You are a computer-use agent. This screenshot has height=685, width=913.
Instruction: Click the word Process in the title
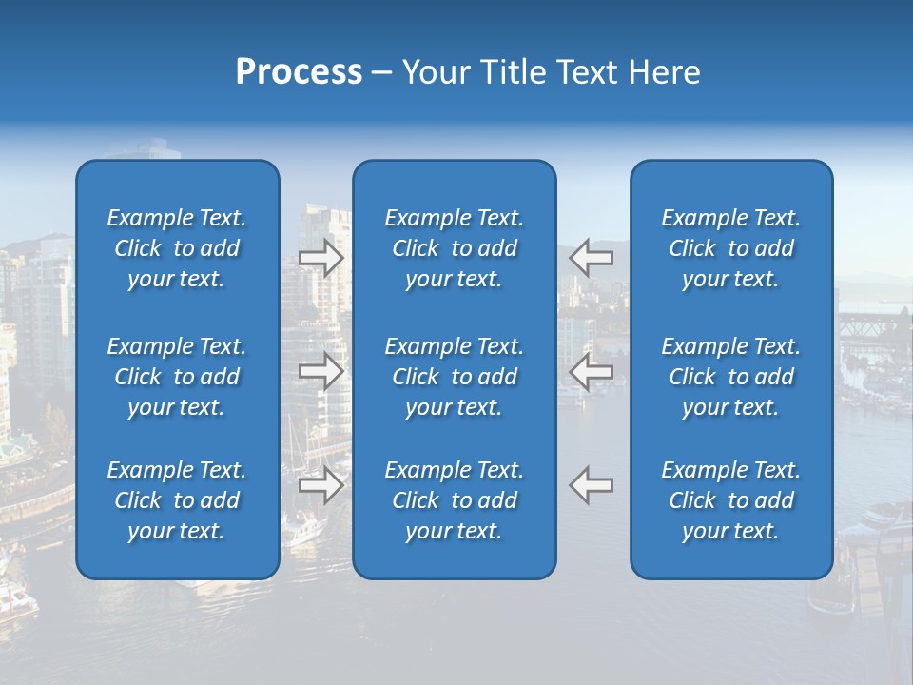click(x=299, y=72)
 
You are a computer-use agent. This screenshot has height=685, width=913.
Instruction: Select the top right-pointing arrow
click(x=321, y=258)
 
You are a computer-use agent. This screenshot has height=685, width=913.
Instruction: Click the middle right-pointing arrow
click(x=321, y=371)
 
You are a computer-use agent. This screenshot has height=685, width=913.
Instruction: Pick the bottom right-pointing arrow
click(x=321, y=485)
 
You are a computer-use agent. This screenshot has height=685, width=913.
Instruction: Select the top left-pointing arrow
click(x=591, y=258)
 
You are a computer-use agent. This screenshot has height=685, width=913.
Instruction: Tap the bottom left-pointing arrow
click(x=591, y=485)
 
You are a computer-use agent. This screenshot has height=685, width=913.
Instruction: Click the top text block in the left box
click(x=177, y=248)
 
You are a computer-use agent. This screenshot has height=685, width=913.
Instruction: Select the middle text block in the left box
click(x=177, y=377)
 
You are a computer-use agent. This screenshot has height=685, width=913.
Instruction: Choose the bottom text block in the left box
click(x=177, y=500)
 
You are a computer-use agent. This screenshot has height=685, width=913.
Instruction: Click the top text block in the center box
click(x=455, y=248)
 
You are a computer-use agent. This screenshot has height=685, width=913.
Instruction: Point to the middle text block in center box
click(x=455, y=377)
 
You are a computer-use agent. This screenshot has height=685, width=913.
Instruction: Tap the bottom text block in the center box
click(x=455, y=500)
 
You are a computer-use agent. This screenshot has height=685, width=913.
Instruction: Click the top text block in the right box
click(x=731, y=248)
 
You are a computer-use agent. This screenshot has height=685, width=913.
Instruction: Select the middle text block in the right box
click(x=731, y=377)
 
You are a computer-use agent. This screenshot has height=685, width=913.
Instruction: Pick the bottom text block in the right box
click(x=731, y=500)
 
